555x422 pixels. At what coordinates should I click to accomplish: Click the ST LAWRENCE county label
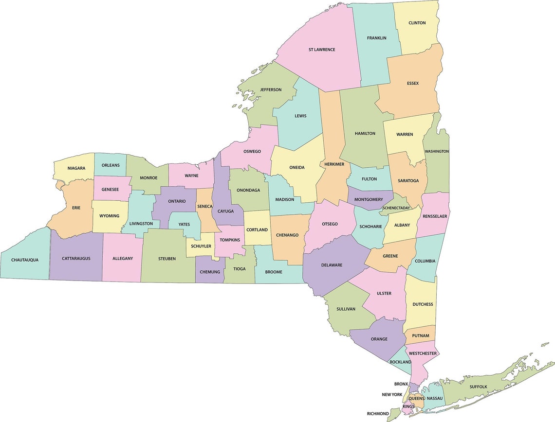pos(322,50)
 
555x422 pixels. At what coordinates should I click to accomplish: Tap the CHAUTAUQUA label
pos(25,260)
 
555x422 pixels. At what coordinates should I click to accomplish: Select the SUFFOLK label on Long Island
pos(478,387)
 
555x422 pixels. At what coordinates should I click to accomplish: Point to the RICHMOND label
pos(378,414)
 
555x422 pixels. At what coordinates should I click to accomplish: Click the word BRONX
pos(401,384)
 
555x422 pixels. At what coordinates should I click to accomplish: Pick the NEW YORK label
pos(392,394)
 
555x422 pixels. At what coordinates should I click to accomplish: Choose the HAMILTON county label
pos(365,133)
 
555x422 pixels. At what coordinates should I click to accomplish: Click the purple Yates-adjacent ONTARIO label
pos(177,201)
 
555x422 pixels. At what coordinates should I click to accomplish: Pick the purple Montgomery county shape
pos(369,199)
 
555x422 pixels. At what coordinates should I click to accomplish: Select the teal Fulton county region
pos(369,179)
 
